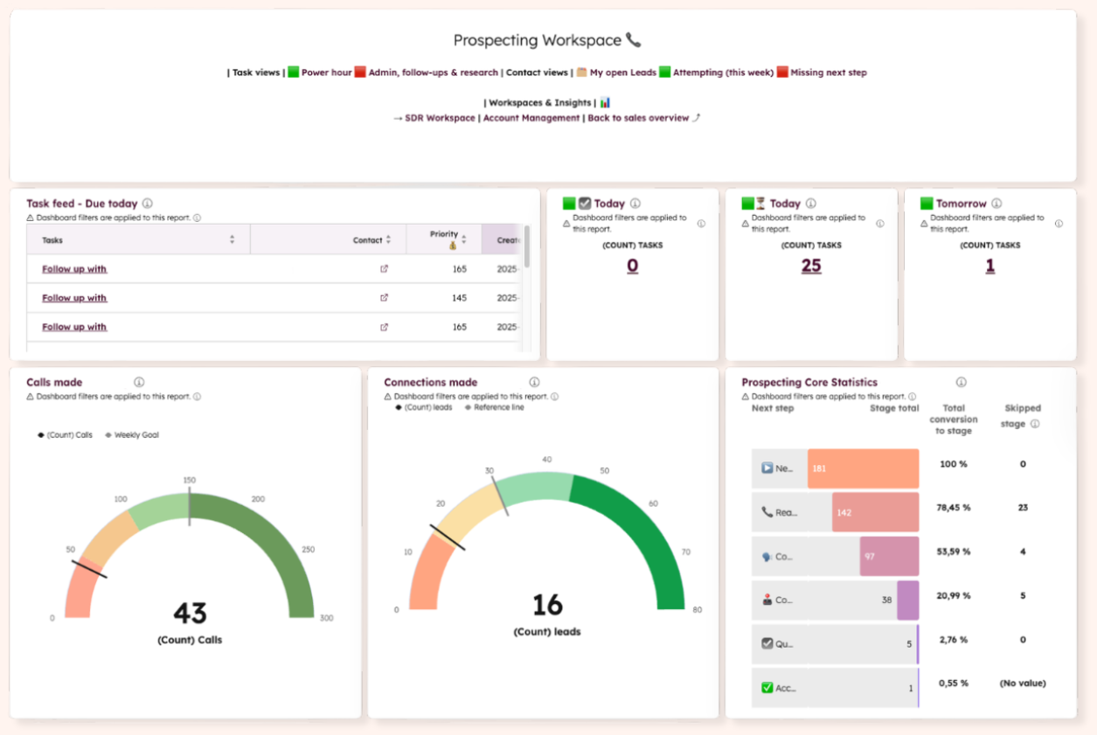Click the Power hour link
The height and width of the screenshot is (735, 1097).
[326, 73]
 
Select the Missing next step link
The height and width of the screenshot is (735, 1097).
[828, 73]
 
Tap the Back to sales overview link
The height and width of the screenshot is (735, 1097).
[638, 118]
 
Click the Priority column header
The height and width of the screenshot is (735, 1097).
[444, 234]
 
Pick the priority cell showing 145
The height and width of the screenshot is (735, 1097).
[459, 298]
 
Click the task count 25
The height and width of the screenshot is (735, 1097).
[811, 266]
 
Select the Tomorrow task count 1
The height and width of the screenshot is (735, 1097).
[989, 266]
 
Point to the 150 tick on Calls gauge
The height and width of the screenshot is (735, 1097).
[189, 480]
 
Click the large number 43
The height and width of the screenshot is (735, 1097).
[190, 613]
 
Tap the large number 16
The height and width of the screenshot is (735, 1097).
[547, 605]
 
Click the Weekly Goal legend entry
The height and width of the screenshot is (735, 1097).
[135, 434]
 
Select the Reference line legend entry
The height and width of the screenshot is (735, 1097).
[498, 407]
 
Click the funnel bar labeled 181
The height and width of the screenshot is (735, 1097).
[863, 468]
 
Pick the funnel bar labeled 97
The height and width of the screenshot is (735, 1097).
[889, 557]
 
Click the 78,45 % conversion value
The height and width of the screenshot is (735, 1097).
[953, 508]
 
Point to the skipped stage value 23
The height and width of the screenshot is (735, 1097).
[1023, 508]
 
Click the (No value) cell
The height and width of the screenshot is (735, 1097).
[1022, 683]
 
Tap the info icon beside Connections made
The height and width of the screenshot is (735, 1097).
[534, 382]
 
